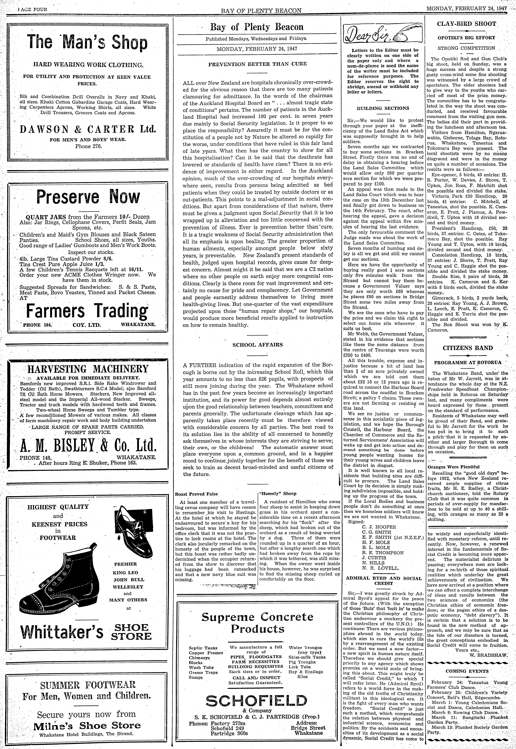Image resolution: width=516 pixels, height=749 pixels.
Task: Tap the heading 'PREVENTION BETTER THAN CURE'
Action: pyautogui.click(x=257, y=64)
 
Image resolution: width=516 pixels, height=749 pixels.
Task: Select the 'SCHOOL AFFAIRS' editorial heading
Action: pyautogui.click(x=257, y=344)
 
